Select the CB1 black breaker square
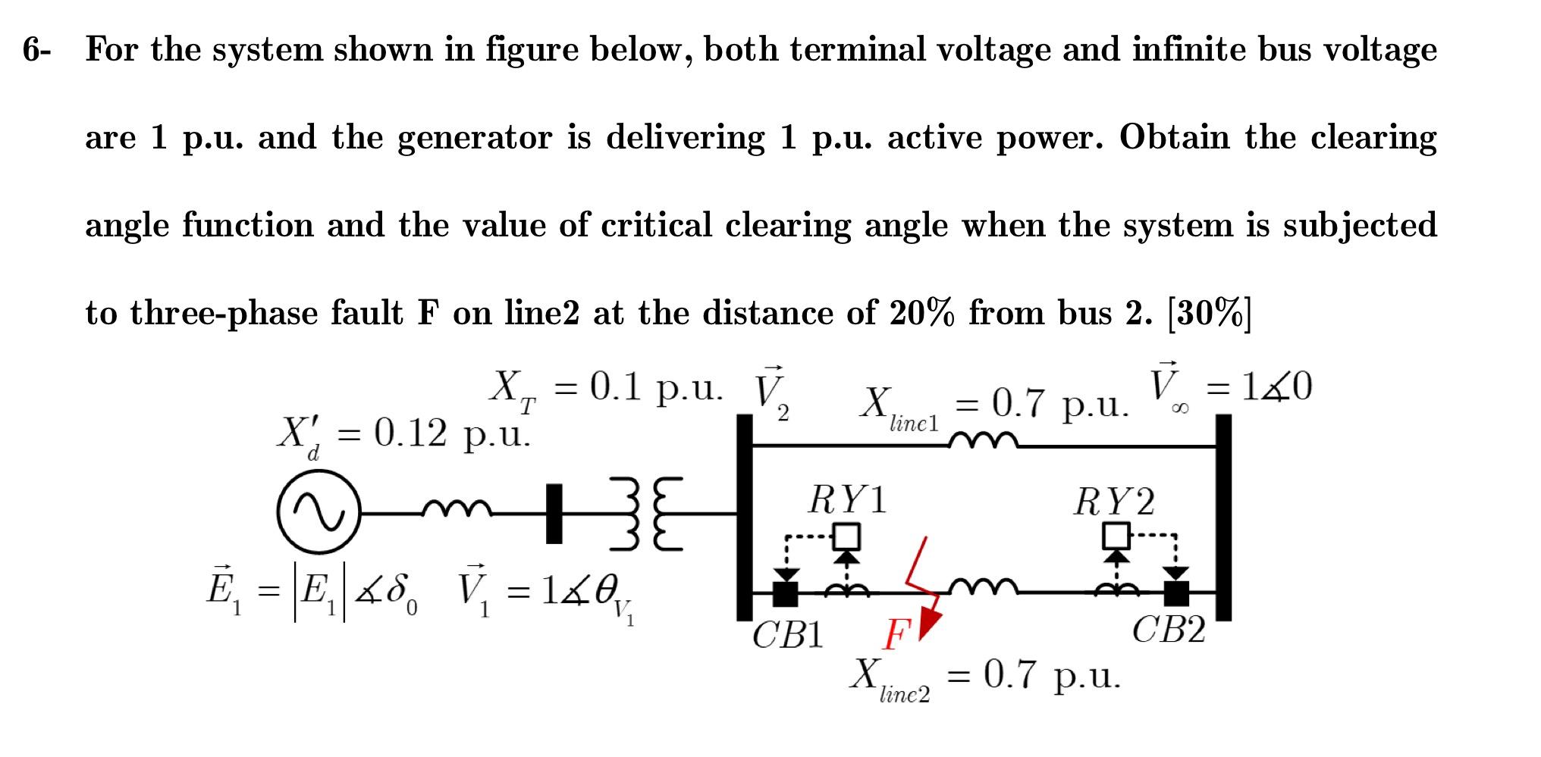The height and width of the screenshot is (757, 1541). point(786,593)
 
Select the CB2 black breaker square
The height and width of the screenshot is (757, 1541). point(1176,593)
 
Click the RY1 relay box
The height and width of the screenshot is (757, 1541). point(847,536)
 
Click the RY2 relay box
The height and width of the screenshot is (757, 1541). point(1115,536)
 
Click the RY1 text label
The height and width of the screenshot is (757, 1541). point(847,501)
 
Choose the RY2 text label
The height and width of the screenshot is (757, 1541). point(1114,502)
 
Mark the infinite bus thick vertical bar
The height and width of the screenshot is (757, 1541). point(1222,518)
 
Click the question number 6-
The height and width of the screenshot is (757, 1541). point(37,50)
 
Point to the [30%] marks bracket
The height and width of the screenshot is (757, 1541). point(1209,313)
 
